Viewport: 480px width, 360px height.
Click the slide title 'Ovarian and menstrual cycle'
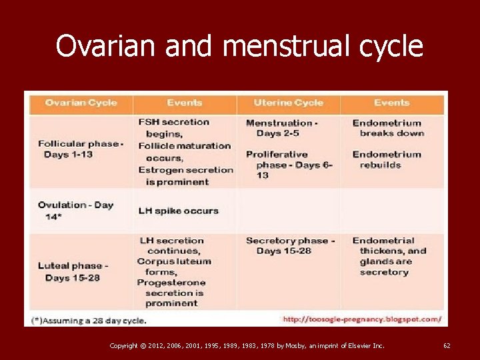coord(239,46)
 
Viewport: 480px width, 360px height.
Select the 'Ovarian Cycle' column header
coord(81,103)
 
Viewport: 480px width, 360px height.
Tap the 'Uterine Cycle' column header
coord(288,103)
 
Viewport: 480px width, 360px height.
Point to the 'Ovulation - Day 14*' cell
coord(75,211)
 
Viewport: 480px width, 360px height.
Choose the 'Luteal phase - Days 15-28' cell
coord(73,271)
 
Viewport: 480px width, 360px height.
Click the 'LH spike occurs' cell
coord(178,211)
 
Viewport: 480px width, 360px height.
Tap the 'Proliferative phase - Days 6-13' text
coord(288,165)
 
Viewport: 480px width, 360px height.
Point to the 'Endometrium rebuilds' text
coord(387,159)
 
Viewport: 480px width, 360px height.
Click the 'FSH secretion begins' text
coord(173,127)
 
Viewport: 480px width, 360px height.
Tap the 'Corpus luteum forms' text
coord(173,267)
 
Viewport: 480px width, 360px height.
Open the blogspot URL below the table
coord(362,319)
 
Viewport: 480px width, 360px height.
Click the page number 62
coord(447,345)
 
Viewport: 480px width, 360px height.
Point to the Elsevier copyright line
coord(247,345)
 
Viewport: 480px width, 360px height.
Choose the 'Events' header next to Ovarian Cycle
coord(185,103)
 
